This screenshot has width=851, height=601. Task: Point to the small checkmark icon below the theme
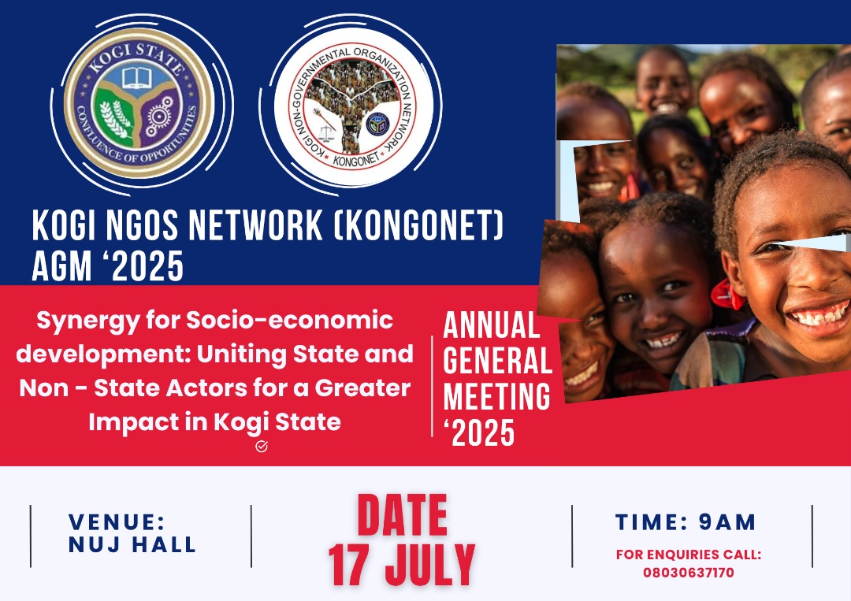[262, 447]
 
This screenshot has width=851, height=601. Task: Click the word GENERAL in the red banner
[497, 360]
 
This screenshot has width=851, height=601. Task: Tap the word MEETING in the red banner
[497, 396]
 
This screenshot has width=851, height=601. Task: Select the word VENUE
[117, 521]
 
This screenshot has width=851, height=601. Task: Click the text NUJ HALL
[132, 544]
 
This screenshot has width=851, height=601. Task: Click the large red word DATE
[402, 517]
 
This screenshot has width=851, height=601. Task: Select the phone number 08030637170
[689, 573]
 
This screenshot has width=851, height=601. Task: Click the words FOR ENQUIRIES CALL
[689, 555]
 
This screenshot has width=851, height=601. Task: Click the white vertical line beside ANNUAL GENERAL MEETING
[433, 386]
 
